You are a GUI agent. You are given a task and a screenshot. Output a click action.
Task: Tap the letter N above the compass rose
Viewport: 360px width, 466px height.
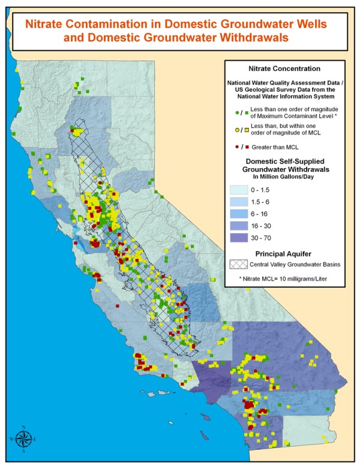23,427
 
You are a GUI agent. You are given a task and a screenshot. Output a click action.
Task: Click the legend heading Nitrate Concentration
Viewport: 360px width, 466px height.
284,68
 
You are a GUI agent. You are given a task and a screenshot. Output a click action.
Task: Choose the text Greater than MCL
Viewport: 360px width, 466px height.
277,147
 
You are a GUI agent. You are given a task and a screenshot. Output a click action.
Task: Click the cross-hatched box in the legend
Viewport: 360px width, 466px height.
238,264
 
